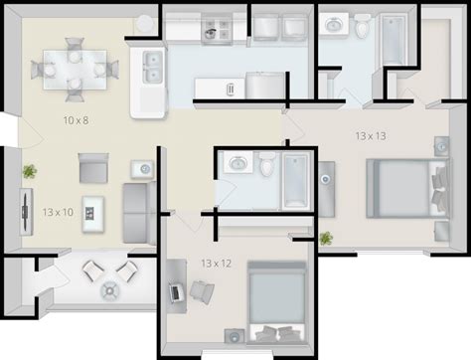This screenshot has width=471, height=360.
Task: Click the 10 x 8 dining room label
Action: pos(76,120)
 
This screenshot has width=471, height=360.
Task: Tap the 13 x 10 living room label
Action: pos(58,212)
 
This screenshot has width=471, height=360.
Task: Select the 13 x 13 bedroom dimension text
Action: pos(371,136)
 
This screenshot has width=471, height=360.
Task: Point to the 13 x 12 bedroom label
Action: pos(217,264)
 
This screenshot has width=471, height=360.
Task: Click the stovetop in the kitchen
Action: pos(216,29)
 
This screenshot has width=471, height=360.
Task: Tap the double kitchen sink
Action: pos(153,68)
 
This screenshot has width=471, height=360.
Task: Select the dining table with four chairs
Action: pos(75,70)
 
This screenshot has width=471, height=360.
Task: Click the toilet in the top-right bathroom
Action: pos(361,25)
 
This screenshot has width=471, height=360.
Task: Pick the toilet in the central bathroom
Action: pos(266,164)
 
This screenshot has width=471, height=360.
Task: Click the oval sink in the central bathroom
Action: pos(237,162)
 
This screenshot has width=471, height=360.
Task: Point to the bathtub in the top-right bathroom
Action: pos(392,40)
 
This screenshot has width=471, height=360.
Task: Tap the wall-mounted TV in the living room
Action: pos(26,212)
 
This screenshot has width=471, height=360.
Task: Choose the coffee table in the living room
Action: pos(93,214)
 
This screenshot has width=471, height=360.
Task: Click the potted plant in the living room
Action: pos(30,171)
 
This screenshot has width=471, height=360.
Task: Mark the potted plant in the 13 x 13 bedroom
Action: pos(326,239)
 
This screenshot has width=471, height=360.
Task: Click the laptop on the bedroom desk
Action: pos(176,292)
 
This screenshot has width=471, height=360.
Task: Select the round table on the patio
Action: pos(110,290)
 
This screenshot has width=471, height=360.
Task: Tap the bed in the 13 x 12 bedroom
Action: pos(277,302)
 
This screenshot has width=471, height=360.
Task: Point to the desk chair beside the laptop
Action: pos(202,292)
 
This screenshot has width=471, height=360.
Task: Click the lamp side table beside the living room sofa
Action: pos(142,169)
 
